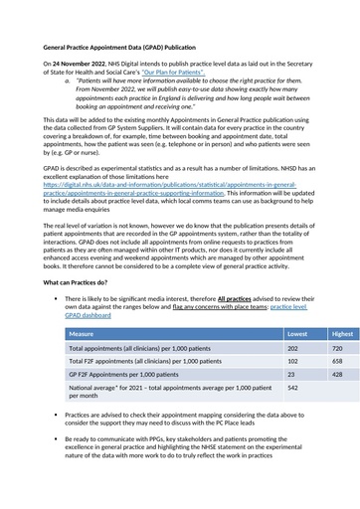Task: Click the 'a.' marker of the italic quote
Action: point(68,83)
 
